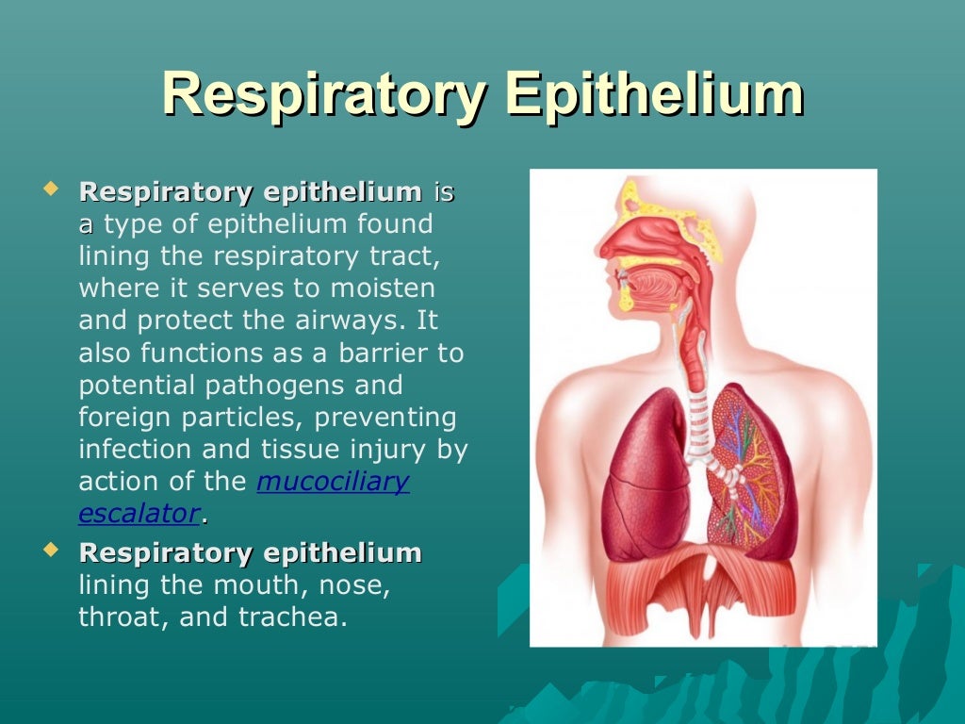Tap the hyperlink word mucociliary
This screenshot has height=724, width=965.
(333, 482)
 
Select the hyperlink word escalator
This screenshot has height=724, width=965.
(139, 514)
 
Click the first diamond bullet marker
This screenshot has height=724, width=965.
(51, 189)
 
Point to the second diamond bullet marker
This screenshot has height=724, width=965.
(51, 548)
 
